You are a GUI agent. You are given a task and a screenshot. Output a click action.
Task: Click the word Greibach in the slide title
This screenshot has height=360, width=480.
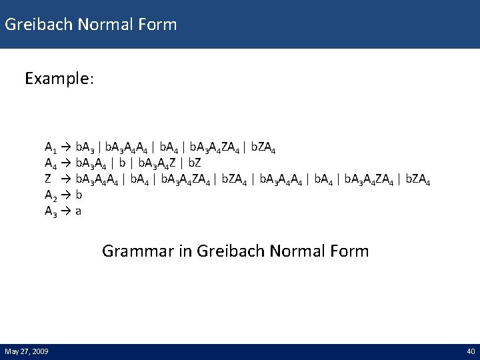39,25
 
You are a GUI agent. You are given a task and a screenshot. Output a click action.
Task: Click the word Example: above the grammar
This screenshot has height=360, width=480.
59,79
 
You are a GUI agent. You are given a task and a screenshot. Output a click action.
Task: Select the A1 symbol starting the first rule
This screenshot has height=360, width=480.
51,147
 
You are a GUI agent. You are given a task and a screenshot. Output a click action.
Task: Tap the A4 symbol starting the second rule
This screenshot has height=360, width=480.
51,163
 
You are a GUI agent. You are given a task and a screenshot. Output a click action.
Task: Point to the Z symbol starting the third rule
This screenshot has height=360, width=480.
48,179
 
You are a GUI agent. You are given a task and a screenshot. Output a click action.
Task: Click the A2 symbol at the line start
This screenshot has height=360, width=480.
51,195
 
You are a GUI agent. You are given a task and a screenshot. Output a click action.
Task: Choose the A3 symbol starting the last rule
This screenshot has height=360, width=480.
51,211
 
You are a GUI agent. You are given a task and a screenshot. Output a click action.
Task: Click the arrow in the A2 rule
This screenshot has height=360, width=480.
66,195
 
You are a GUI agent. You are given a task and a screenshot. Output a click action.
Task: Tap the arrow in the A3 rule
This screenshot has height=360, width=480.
66,211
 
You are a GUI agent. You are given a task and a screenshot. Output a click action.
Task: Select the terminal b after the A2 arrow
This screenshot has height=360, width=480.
79,195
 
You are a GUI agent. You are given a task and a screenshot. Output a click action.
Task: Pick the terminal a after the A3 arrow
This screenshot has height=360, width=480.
79,211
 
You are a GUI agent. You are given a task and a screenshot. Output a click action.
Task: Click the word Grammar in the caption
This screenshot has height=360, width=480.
132,251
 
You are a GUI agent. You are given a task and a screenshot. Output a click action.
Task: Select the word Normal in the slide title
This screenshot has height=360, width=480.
107,25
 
